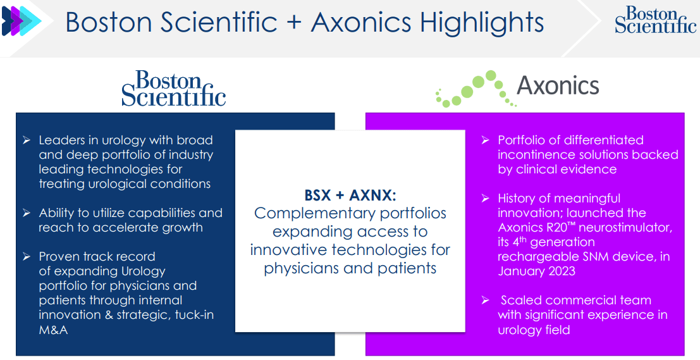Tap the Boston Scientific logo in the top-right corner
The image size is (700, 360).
tap(655, 20)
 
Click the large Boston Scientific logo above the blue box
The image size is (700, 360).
tap(173, 89)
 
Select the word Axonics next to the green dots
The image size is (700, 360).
tap(558, 85)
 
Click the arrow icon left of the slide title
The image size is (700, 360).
tap(21, 21)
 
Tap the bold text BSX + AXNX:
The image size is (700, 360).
tap(350, 194)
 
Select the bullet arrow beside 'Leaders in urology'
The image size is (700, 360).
tap(27, 140)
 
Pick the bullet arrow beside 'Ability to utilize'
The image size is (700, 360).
tap(27, 213)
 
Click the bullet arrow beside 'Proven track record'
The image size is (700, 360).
tap(27, 257)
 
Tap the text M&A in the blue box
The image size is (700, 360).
tap(53, 330)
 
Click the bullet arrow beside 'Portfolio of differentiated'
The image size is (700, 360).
tap(485, 140)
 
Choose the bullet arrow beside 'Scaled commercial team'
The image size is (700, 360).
tap(485, 301)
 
